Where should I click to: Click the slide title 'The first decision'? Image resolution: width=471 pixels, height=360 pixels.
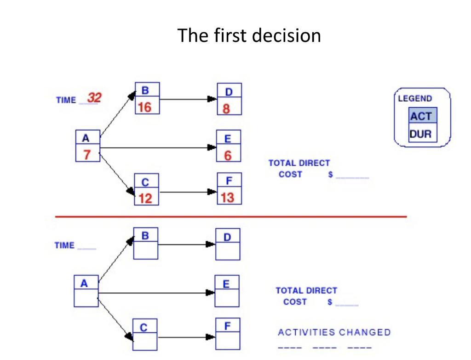point(249,35)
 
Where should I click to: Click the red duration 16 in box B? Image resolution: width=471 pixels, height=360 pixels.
point(144,108)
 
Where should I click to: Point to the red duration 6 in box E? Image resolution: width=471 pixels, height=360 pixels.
point(228,156)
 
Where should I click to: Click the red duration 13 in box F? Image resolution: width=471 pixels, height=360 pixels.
point(228,198)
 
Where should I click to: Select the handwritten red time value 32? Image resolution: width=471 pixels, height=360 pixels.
point(94,98)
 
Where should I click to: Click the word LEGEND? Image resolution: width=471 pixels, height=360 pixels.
point(415,99)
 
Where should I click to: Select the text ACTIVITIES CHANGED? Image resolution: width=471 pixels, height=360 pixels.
point(334,332)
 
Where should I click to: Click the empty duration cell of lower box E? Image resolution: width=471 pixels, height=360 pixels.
point(227,298)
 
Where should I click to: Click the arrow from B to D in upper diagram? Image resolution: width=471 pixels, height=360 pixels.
point(189,99)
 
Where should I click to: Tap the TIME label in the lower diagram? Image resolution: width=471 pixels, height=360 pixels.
point(64,245)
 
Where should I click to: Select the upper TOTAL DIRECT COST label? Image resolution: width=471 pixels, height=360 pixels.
point(299,168)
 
